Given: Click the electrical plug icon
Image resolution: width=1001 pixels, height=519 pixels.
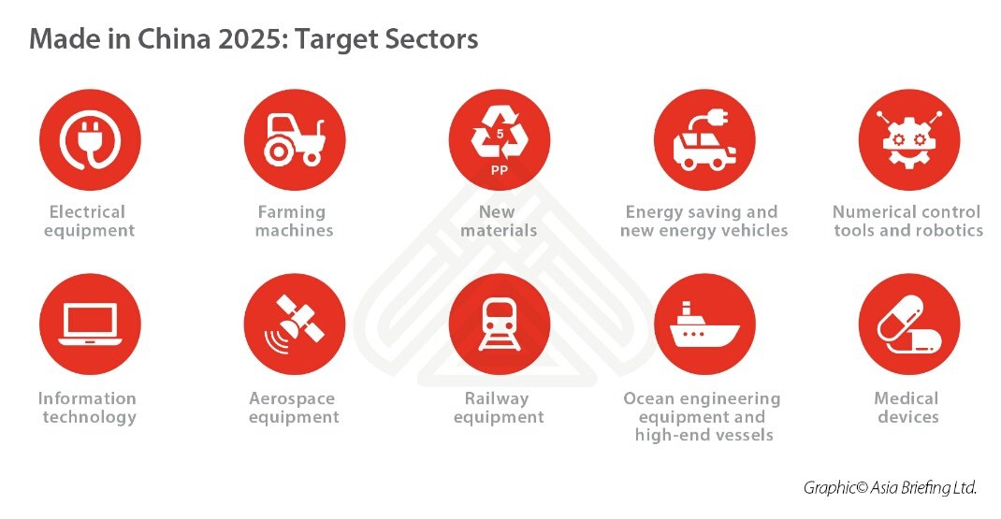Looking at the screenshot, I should [x=89, y=140].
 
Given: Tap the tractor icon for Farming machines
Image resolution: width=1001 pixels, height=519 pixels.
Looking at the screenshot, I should [x=294, y=140].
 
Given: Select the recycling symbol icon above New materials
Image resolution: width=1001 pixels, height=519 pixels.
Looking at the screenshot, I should [x=499, y=136].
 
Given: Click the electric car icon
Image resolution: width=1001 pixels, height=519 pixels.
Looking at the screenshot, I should [x=704, y=140].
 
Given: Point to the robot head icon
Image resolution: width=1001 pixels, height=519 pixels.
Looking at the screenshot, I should [x=908, y=140].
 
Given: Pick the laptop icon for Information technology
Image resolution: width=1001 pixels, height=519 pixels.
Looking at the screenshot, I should [x=89, y=324].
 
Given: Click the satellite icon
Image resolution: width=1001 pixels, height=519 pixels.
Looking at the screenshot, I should [x=294, y=324].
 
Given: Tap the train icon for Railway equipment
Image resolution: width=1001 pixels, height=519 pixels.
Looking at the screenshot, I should [x=499, y=324].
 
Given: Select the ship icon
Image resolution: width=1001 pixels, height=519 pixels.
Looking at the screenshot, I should [x=704, y=324].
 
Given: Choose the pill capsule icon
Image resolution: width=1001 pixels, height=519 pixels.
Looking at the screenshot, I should [x=908, y=324].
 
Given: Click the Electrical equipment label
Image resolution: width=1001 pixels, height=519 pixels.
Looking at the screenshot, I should [x=89, y=221].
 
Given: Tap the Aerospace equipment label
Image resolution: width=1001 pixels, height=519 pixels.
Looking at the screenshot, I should [x=294, y=408].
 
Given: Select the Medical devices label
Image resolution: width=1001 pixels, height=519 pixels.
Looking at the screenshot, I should [x=907, y=408].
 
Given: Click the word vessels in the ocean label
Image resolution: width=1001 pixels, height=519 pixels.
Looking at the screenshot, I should [x=742, y=435].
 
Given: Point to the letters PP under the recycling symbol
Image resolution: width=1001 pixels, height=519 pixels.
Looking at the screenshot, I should [x=499, y=171].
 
